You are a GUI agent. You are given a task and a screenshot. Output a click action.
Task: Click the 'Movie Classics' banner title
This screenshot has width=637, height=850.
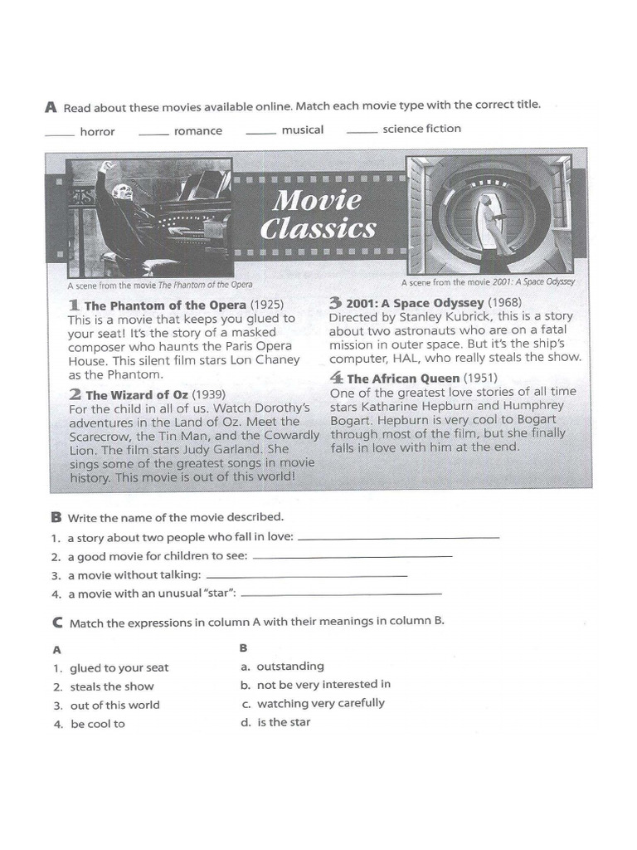coord(318,214)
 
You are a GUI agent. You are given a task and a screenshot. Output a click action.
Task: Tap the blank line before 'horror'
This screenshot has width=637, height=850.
coord(59,135)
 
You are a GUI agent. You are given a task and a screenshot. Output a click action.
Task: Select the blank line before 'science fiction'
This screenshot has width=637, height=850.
coord(362,132)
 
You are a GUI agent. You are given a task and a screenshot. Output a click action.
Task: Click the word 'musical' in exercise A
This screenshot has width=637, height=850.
coord(302,129)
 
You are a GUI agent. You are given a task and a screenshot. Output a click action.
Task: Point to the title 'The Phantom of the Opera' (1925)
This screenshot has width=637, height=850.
coord(165,305)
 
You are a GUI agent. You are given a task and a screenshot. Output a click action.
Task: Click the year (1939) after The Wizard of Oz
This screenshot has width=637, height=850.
coord(208,394)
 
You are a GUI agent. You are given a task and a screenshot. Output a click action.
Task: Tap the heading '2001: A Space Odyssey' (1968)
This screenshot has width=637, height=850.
coord(415,302)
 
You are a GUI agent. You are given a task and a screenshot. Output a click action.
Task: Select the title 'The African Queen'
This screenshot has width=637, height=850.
coord(403,379)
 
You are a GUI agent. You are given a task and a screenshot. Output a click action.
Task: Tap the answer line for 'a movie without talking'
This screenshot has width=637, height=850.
coord(307,576)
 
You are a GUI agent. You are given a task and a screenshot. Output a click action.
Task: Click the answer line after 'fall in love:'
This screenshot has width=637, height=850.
coord(399,538)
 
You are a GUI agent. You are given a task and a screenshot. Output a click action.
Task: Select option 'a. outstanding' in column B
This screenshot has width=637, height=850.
coord(282,667)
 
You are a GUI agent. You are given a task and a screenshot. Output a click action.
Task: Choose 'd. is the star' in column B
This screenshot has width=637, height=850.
coord(275,722)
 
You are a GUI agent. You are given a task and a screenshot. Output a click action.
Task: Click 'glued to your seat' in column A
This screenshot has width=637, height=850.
coord(119,668)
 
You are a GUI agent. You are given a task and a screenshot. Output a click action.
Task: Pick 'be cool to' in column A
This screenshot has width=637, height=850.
coord(98,724)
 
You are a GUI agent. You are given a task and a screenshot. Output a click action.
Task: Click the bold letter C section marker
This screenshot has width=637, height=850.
coord(57,623)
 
